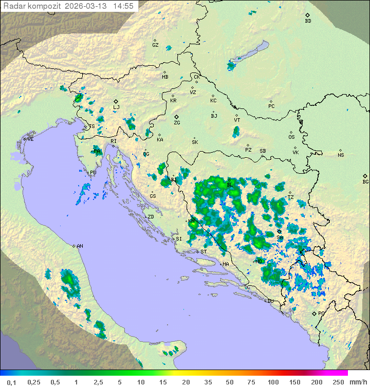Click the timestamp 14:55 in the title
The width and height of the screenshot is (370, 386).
pos(123,6)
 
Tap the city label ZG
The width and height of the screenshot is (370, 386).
pos(177,123)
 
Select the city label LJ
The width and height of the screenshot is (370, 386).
pos(117,107)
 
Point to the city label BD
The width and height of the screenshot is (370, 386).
pos(308,21)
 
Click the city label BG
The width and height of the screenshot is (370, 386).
pos(365,181)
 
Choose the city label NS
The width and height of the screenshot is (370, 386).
pos(341,155)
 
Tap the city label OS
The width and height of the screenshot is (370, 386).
pos(291,137)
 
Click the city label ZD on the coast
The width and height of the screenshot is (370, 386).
pos(151,217)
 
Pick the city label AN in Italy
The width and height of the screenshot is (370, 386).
pos(80,246)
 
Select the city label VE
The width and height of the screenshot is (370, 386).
pos(30,139)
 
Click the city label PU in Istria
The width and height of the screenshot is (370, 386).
pos(93,173)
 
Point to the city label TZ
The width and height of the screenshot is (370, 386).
pos(290,197)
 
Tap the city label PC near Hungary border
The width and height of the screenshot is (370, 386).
pos(271,106)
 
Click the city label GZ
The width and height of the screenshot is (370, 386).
pos(155,45)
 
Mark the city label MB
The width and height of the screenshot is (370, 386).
pos(165,77)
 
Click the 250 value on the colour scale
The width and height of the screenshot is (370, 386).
pos(338,382)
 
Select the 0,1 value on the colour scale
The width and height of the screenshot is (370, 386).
pos(11,382)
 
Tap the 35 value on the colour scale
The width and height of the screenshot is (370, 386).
pos(207,382)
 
